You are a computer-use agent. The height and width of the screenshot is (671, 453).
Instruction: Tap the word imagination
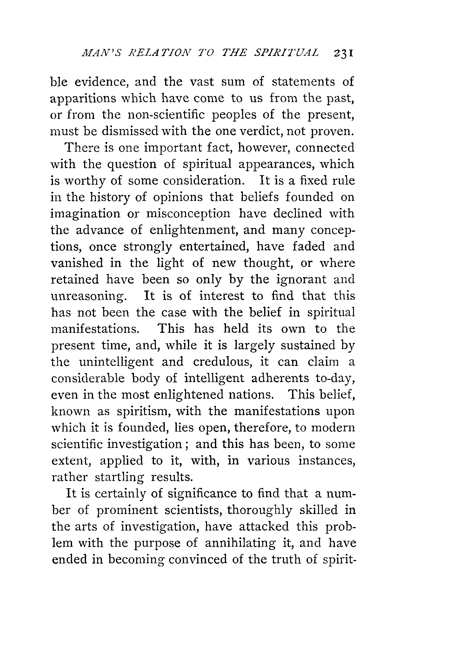point(85,214)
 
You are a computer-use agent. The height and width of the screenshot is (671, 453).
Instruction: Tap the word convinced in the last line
point(197,559)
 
